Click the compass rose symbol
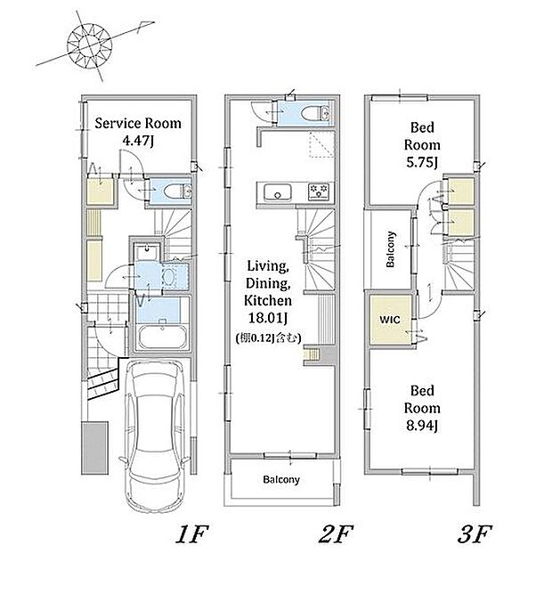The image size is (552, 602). click(89, 45)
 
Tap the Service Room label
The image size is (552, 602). click(138, 123)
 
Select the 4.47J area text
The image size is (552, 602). click(138, 141)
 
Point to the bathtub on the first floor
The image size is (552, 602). click(163, 338)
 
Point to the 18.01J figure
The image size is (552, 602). click(268, 318)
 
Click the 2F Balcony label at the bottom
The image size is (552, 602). click(281, 479)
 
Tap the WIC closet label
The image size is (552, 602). click(390, 320)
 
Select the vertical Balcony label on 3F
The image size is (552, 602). click(390, 249)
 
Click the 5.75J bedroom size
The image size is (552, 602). click(422, 163)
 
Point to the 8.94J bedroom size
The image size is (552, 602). click(422, 426)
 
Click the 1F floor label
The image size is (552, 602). click(192, 534)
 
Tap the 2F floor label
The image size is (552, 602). click(336, 534)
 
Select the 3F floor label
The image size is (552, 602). click(475, 534)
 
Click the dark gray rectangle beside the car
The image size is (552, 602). click(94, 448)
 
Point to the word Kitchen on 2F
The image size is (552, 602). click(268, 300)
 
